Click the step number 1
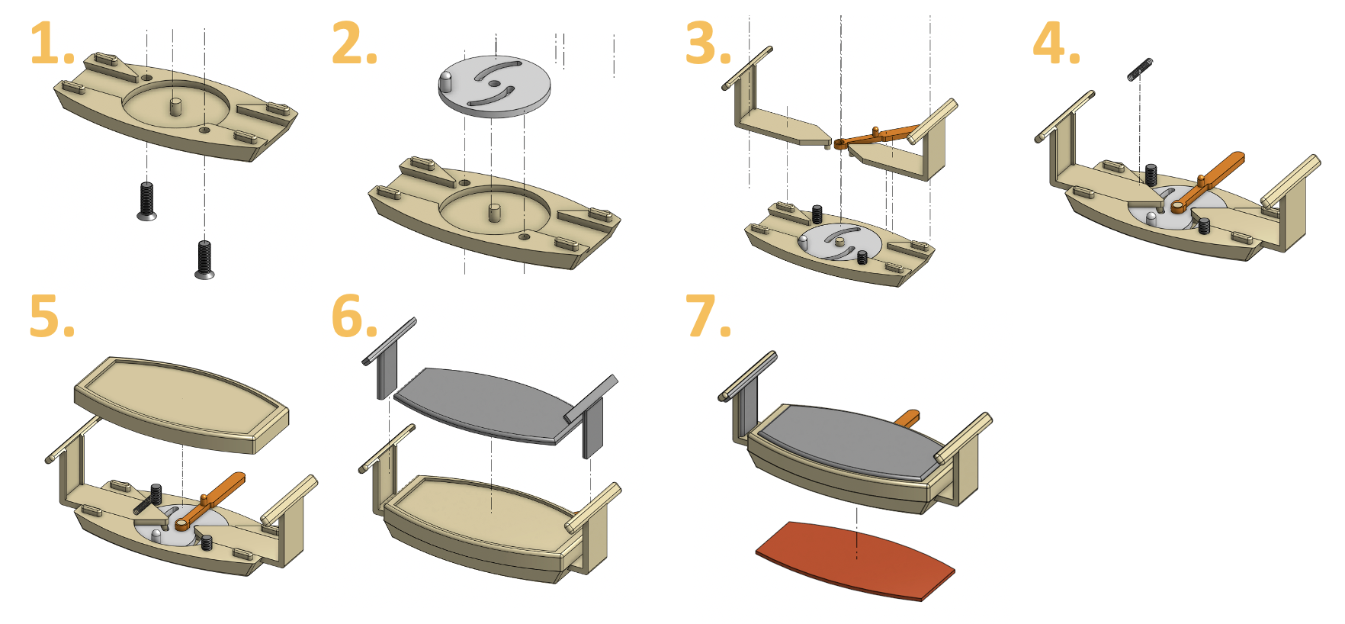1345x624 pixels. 47,44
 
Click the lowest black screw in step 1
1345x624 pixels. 204,259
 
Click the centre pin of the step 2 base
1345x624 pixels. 494,211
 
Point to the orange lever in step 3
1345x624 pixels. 877,138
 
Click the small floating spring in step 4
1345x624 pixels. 1139,69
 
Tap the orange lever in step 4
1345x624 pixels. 1212,179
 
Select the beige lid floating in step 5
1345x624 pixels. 181,403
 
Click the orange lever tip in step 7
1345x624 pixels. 909,417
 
